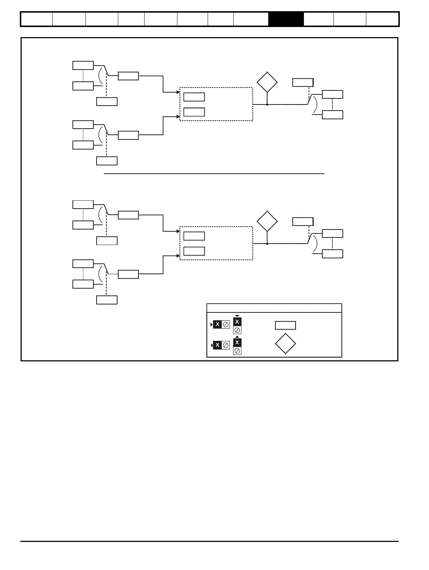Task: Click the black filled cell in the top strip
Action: tap(286, 19)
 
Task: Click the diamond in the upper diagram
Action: tap(267, 82)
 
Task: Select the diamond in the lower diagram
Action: tap(267, 221)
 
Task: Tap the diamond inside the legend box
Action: tap(286, 344)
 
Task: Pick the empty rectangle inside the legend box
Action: tap(286, 325)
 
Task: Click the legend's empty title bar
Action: tap(274, 308)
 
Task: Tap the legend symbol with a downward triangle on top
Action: tap(237, 325)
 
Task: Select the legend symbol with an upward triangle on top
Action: tap(237, 346)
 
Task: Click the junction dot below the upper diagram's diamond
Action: tap(267, 104)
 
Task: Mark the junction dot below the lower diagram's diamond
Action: tap(267, 244)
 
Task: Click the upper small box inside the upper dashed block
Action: tap(194, 97)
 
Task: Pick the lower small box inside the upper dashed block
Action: tap(194, 112)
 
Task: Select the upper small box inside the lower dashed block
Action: tap(194, 236)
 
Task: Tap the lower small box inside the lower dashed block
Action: tap(194, 251)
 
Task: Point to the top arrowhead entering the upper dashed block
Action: tap(178, 92)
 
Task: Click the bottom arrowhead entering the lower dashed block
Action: tap(178, 256)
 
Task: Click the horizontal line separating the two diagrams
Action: tap(214, 174)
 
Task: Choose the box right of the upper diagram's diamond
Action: tap(303, 82)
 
